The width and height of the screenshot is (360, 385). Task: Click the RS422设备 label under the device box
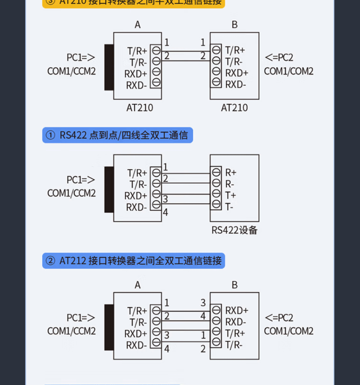point(234,230)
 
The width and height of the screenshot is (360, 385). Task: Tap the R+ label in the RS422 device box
point(231,172)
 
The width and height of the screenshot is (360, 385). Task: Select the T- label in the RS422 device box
point(229,207)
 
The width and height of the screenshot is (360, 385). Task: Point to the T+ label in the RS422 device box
point(230,196)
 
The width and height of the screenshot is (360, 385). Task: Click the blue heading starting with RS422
point(118,136)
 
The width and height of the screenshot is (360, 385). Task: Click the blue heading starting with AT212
point(134,261)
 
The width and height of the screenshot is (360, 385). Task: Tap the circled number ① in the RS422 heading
point(50,136)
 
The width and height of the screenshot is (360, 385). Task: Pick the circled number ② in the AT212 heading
point(50,261)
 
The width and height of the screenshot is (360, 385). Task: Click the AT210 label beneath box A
point(140,108)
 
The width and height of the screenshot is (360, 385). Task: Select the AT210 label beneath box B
point(234,108)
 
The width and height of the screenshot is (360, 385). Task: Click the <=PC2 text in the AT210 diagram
point(279,58)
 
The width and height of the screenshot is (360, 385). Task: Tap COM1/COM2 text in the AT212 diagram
point(289,331)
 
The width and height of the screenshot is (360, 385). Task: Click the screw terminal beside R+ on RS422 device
point(216,172)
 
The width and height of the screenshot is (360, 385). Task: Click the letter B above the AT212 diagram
point(234,285)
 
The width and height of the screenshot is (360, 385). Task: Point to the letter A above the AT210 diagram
point(138,25)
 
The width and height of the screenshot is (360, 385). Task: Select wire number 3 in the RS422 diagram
point(165,199)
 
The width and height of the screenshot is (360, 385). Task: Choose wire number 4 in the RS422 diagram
point(165,212)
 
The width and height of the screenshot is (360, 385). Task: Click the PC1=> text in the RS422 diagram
point(81,180)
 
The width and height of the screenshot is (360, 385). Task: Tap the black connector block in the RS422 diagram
point(109,189)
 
